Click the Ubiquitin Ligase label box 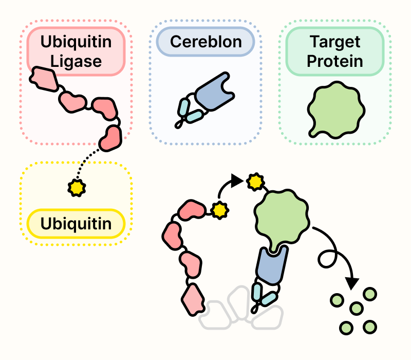click(x=76, y=52)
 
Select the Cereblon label click(x=206, y=41)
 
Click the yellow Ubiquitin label click(x=76, y=224)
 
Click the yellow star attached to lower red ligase click(x=219, y=210)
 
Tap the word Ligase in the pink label click(x=76, y=62)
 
